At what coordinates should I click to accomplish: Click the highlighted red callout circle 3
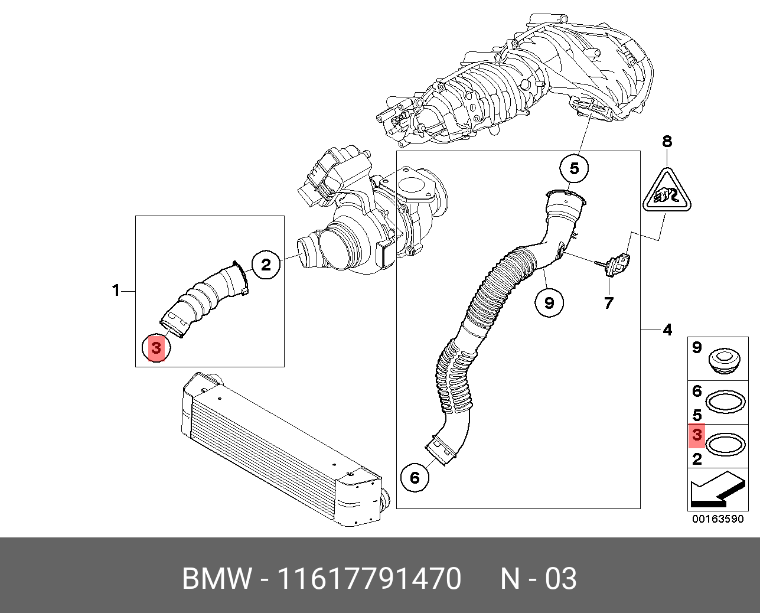tap(156, 348)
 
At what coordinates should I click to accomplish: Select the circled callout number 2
tap(266, 265)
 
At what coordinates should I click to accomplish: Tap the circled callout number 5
tap(574, 169)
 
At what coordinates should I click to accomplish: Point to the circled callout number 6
tap(415, 477)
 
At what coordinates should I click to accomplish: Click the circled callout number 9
tap(549, 302)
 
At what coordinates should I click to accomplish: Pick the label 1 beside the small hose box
tap(116, 290)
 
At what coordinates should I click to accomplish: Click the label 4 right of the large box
tap(667, 330)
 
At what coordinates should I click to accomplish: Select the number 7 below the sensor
tap(608, 304)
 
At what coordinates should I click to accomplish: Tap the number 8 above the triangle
tap(667, 142)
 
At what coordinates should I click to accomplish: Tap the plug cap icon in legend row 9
tap(723, 360)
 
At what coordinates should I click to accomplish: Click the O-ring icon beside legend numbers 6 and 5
tap(725, 403)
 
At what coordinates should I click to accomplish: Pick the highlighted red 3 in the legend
tap(697, 435)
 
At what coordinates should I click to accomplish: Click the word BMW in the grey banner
tap(217, 579)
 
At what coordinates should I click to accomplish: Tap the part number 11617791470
tap(369, 579)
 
